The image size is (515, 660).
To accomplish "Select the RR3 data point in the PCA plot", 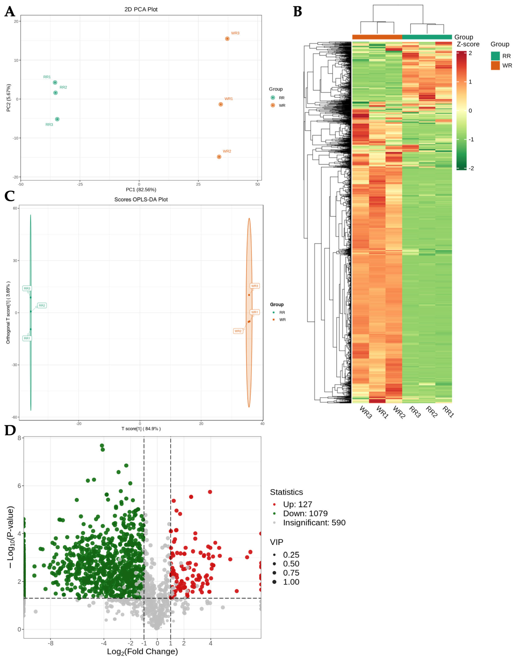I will pos(57,119).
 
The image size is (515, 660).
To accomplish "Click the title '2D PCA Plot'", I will pos(141,9).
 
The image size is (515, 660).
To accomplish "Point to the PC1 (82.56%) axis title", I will pos(141,190).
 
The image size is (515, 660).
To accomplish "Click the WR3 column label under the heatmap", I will pos(366,412).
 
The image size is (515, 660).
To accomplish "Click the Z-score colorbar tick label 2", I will pos(470,53).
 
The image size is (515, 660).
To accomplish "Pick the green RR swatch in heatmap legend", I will pos(495,56).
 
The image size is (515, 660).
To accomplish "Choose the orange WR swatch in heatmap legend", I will pos(495,65).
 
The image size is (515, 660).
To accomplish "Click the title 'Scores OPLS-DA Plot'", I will pos(141,199).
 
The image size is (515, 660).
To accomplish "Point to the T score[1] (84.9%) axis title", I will pos(141,428).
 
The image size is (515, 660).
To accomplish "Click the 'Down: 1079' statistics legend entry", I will pos(305,513).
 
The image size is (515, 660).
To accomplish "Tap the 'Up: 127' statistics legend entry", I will pos(297,504).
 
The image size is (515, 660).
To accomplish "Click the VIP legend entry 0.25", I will pos(291,555).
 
